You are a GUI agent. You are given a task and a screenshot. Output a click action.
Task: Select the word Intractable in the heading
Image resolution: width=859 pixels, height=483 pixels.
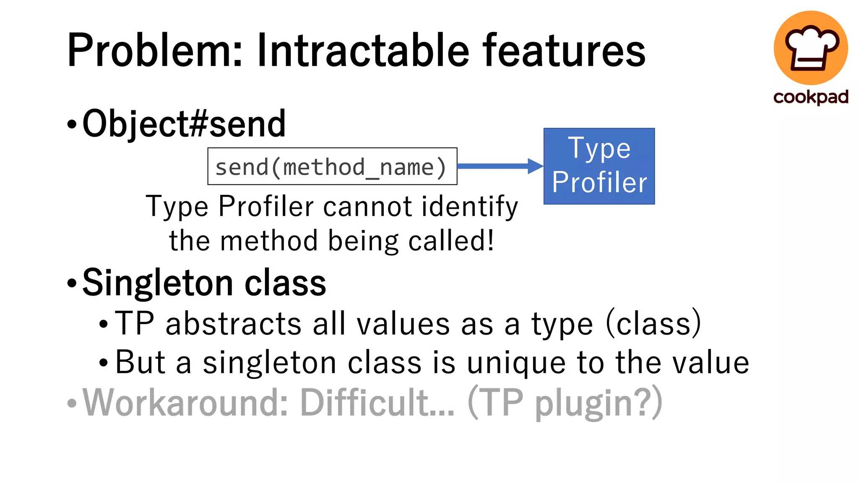(x=363, y=51)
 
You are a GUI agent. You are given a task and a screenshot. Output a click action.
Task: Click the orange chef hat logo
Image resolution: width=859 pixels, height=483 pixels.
(x=810, y=48)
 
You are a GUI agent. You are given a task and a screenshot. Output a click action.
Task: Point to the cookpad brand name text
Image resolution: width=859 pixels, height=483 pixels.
(x=810, y=97)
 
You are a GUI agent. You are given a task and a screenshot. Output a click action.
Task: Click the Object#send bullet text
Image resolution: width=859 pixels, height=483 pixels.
(x=184, y=124)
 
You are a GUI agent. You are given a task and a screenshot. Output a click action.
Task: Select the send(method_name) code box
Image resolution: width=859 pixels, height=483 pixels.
(x=332, y=166)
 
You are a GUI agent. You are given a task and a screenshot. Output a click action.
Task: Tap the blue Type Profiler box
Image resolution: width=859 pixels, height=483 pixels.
(x=599, y=166)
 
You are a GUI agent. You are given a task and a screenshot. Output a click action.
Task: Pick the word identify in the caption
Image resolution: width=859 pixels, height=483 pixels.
(x=470, y=207)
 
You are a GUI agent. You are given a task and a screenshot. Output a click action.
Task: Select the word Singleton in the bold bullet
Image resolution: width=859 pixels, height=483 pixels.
(x=158, y=283)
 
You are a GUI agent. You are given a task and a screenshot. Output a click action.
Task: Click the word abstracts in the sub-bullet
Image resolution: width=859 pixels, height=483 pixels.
(x=234, y=324)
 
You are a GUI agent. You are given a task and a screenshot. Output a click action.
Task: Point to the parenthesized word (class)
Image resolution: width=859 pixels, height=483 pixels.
(x=653, y=324)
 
